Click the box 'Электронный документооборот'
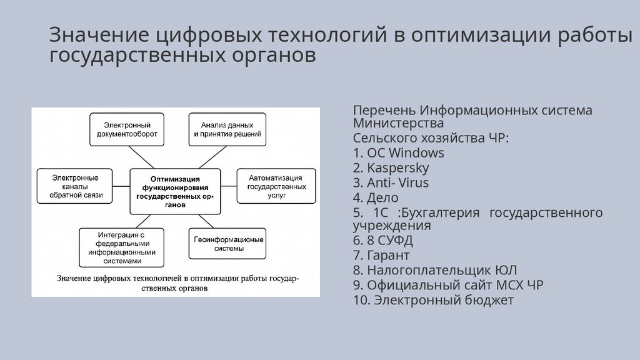(x=127, y=128)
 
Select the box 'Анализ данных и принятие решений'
(x=227, y=128)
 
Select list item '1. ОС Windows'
(x=398, y=153)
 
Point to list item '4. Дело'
(x=375, y=198)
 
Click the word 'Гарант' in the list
(x=388, y=256)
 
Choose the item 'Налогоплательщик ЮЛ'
(x=435, y=271)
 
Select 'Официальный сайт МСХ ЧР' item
(x=447, y=286)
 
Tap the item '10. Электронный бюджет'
(x=432, y=301)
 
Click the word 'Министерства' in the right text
(x=398, y=123)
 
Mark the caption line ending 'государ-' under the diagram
(x=178, y=277)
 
